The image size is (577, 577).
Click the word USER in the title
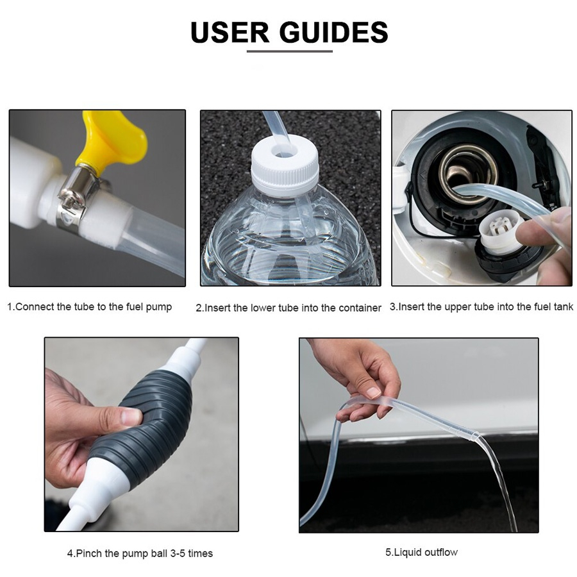point(230,32)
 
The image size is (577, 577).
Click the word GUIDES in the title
point(334,32)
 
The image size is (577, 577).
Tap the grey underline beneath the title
point(290,51)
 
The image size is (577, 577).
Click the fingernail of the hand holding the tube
point(373,392)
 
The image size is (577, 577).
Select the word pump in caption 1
point(158,308)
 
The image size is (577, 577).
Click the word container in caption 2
point(360,308)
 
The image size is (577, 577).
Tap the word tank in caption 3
point(563,306)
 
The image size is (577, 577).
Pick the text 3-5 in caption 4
point(178,553)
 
